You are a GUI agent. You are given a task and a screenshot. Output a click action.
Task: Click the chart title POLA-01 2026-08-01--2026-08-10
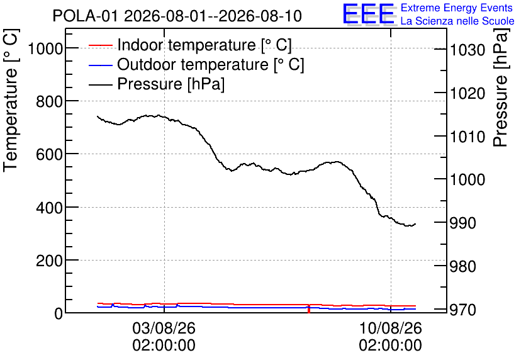point(177,16)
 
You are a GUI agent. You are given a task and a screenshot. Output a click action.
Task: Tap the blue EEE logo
point(368,14)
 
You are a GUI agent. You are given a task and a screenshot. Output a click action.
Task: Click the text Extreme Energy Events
point(457,8)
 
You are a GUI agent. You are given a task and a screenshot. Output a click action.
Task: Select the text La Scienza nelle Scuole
point(457,21)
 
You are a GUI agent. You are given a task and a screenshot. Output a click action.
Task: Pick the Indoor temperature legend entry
point(190,45)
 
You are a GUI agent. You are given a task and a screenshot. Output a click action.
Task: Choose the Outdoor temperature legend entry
point(196,64)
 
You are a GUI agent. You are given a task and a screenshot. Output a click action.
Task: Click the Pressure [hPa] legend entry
point(157,84)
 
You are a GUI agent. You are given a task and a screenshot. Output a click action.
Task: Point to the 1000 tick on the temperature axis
point(45,49)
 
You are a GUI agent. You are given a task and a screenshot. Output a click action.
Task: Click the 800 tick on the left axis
point(49,102)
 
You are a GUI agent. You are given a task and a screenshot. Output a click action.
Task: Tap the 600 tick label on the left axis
point(49,155)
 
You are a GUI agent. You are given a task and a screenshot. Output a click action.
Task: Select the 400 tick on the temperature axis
point(49,208)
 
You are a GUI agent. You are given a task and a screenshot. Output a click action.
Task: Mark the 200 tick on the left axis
point(49,261)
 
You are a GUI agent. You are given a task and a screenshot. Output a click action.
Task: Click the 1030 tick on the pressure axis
point(467,50)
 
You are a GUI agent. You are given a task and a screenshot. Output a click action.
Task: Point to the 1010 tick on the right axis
point(467,137)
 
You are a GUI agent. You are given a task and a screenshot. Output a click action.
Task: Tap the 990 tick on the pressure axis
point(462,223)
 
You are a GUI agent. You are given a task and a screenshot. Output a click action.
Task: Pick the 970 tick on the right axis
point(462,310)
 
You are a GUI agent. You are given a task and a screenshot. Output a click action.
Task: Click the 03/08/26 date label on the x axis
point(164,328)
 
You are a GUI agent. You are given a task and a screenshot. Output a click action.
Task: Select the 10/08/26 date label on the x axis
point(391,328)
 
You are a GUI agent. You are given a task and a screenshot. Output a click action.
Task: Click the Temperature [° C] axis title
point(11,101)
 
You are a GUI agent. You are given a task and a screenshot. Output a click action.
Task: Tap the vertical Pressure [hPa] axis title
point(501,87)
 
